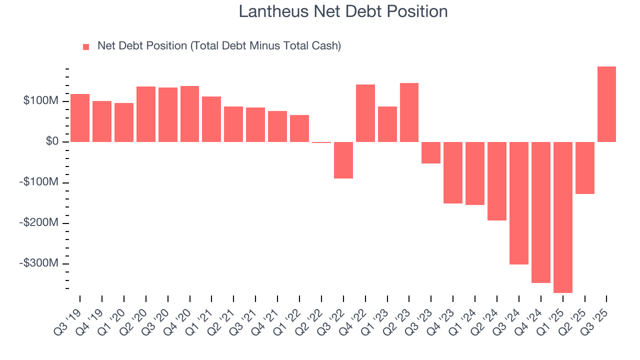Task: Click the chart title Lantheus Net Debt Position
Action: point(343,11)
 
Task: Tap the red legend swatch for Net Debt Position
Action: point(86,46)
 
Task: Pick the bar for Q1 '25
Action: point(562,217)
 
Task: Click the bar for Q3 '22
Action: point(343,160)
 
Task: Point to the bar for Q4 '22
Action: point(365,113)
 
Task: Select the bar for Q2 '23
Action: point(409,112)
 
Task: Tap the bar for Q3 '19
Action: point(80,118)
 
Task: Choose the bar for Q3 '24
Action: point(519,203)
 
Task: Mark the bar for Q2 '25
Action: point(584,167)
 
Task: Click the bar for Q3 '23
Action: point(431,152)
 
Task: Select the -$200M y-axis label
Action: point(39,223)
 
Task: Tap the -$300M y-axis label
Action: point(39,263)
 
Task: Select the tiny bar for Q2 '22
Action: point(321,142)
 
